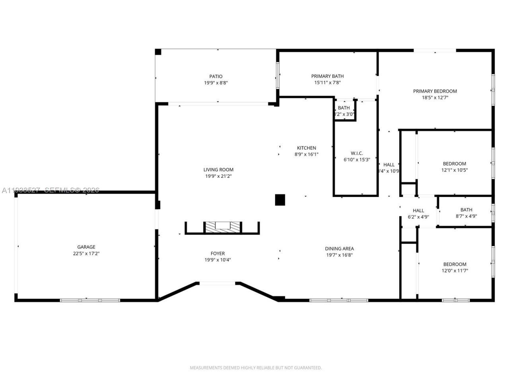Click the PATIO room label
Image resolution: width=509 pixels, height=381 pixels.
pos(216,77)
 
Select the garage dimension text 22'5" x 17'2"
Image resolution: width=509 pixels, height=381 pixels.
pos(86,253)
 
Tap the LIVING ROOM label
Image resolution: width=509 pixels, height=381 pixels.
pos(218,170)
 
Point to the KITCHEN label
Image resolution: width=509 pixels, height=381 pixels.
pos(307,148)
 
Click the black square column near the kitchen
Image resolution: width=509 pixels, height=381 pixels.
pos(280,200)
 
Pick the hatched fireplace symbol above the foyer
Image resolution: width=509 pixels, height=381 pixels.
pos(222,227)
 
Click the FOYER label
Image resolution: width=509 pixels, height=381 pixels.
pos(218,254)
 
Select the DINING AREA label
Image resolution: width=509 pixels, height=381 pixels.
pos(339,249)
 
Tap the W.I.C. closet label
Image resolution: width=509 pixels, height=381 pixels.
pos(357,153)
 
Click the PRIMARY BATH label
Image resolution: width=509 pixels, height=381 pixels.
pos(327,76)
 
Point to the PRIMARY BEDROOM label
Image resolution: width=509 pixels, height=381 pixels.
pos(435,91)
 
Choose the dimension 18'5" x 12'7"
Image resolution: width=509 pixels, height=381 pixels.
pos(435,98)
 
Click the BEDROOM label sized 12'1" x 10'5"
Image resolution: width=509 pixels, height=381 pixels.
pos(455,164)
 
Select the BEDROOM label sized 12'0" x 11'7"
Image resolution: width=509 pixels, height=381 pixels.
pos(455,264)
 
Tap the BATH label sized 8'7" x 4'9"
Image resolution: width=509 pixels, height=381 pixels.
pos(466,210)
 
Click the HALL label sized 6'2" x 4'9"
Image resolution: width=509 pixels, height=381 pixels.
pos(418,211)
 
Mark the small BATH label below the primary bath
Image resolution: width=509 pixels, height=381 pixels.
pos(344,108)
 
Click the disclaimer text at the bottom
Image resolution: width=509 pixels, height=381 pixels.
pos(256,368)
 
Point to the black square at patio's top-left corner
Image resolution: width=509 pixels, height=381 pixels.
pos(158,52)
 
